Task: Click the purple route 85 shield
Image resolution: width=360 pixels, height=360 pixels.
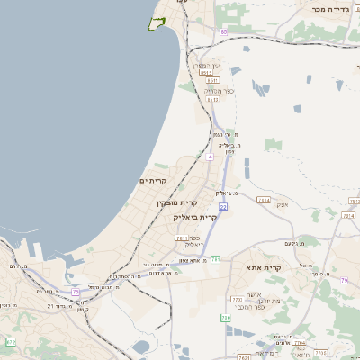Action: tap(223, 31)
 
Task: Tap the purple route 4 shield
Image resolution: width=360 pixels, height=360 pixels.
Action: tap(210, 157)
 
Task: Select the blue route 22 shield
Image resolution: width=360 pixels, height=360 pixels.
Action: tap(222, 207)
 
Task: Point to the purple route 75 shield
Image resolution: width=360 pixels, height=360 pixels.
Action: tap(76, 292)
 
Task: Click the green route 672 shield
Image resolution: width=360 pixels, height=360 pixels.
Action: tap(10, 342)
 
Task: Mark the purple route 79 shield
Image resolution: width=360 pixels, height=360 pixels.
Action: tap(344, 281)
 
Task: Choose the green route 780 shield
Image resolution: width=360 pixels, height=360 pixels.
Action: tap(226, 318)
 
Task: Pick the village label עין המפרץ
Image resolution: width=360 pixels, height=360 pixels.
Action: tap(205, 66)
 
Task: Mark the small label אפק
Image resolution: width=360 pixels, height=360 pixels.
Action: tap(282, 204)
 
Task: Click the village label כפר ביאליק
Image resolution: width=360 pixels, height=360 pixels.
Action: tap(193, 240)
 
